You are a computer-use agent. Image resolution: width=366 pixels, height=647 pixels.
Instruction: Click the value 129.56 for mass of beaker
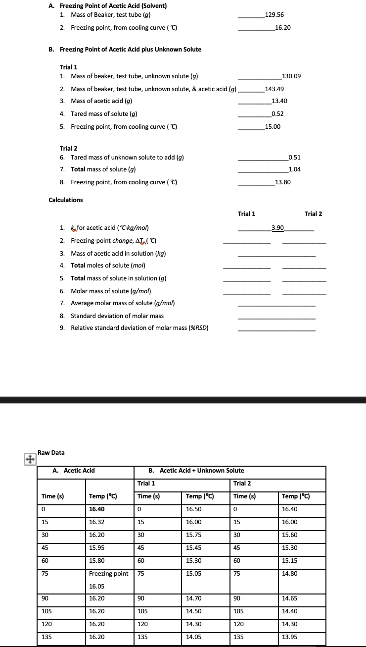[274, 15]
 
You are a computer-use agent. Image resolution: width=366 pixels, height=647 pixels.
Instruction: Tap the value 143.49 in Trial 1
[274, 89]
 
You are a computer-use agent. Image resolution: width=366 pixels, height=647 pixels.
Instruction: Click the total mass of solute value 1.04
[295, 169]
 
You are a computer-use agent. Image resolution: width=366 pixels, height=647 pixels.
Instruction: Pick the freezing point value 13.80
[282, 182]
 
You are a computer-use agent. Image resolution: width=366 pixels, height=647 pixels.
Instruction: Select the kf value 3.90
[277, 227]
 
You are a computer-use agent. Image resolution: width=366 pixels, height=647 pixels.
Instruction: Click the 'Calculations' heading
[66, 200]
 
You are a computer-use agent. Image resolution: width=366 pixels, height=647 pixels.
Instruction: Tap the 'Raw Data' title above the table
[51, 452]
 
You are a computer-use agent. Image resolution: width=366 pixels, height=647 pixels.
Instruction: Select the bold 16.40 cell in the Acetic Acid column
[97, 509]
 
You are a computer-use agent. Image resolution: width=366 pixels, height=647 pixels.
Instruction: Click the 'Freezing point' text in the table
[108, 574]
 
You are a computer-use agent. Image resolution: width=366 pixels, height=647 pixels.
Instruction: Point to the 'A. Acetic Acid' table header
[74, 470]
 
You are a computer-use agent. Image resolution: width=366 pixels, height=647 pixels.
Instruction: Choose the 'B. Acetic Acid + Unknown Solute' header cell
[196, 470]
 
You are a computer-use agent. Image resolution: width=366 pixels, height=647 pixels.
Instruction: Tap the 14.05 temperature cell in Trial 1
[193, 637]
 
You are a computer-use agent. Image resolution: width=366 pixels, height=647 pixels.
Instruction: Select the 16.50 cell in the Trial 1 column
[193, 509]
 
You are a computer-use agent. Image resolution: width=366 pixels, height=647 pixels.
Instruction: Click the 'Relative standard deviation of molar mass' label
[139, 327]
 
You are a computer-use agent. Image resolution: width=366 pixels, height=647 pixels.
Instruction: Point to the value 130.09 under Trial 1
[291, 76]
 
